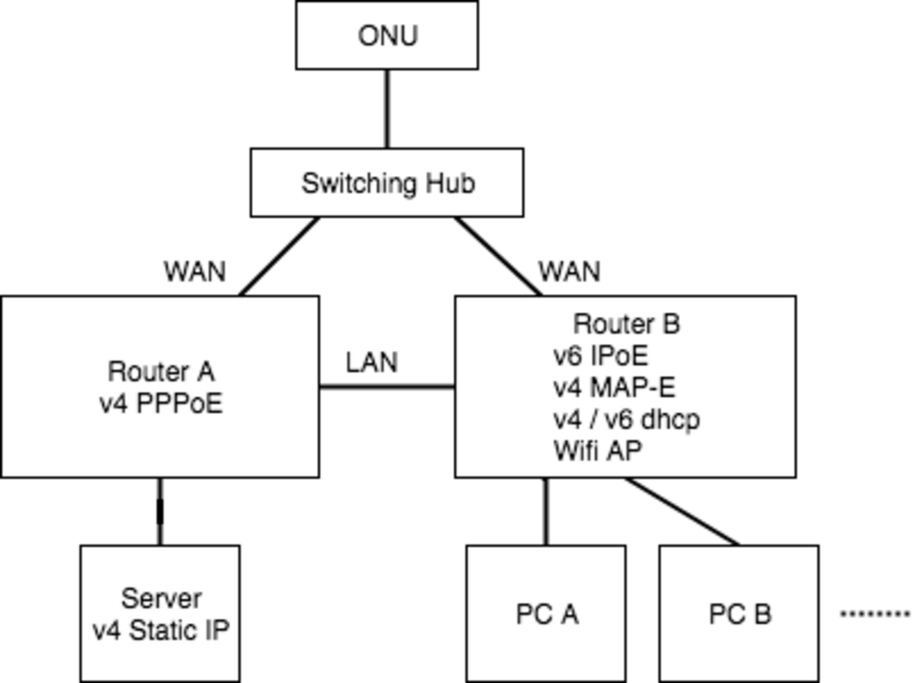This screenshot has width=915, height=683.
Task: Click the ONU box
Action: pyautogui.click(x=387, y=35)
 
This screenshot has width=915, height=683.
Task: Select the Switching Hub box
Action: pyautogui.click(x=387, y=183)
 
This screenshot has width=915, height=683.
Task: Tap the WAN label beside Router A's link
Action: pyautogui.click(x=195, y=272)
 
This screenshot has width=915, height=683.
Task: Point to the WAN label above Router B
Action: pyautogui.click(x=569, y=272)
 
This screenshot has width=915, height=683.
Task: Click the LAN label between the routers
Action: pyautogui.click(x=372, y=362)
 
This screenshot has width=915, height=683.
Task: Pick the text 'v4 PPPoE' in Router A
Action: pyautogui.click(x=161, y=404)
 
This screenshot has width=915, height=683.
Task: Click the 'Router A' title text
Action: pyautogui.click(x=161, y=371)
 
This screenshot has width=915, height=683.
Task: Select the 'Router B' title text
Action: pyautogui.click(x=626, y=324)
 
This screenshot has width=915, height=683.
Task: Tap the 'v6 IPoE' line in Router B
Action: pyautogui.click(x=600, y=356)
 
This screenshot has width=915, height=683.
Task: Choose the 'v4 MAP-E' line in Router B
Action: pyautogui.click(x=614, y=388)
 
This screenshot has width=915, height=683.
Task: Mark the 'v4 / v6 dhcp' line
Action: pyautogui.click(x=626, y=419)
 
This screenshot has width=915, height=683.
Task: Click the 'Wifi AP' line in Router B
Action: pyautogui.click(x=598, y=451)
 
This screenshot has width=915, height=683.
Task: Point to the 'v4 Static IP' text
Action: pyautogui.click(x=161, y=630)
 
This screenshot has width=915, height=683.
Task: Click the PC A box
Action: pyautogui.click(x=546, y=613)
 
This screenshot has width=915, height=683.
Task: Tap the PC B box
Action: pyautogui.click(x=739, y=613)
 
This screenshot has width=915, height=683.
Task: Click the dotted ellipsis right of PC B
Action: pyautogui.click(x=875, y=614)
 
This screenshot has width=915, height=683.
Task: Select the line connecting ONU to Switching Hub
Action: pyautogui.click(x=387, y=109)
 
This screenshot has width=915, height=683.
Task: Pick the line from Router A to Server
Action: pyautogui.click(x=160, y=511)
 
